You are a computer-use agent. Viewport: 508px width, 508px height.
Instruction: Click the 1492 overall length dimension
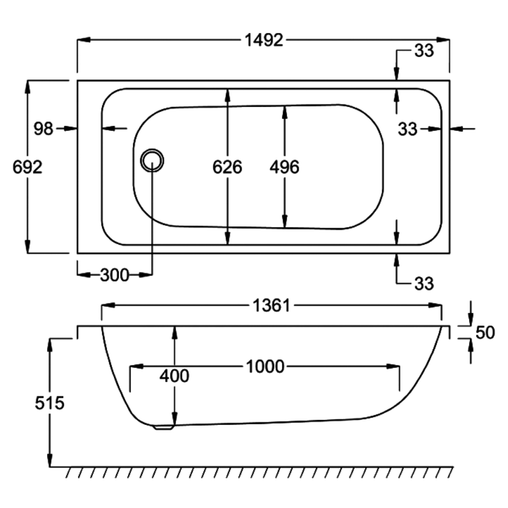click(264, 40)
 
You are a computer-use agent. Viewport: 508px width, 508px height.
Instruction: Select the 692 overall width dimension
click(27, 167)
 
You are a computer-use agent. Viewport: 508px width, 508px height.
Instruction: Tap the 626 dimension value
click(227, 167)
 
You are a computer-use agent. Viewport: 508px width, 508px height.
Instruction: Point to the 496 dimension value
click(285, 167)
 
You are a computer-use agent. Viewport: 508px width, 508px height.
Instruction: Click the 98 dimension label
click(43, 128)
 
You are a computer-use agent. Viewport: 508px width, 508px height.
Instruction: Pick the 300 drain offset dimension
click(115, 275)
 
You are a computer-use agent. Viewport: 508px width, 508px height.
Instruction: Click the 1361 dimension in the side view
click(271, 305)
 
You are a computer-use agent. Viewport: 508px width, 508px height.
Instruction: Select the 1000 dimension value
click(265, 366)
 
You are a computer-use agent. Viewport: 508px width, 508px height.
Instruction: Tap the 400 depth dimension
click(174, 376)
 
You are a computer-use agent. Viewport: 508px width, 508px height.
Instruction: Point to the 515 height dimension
click(50, 403)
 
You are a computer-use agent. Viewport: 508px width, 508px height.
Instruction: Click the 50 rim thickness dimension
click(485, 333)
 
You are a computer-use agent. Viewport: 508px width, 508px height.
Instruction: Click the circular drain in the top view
click(152, 160)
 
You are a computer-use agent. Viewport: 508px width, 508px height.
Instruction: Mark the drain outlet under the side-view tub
click(163, 427)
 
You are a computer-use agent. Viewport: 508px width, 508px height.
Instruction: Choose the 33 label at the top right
click(424, 51)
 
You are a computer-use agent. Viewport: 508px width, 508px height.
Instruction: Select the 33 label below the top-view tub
click(424, 284)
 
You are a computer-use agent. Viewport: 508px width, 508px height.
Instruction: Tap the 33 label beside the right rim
click(407, 129)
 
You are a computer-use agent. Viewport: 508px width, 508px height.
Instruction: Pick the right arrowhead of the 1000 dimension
click(393, 366)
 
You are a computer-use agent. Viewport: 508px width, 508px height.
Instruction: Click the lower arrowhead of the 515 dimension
click(50, 460)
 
